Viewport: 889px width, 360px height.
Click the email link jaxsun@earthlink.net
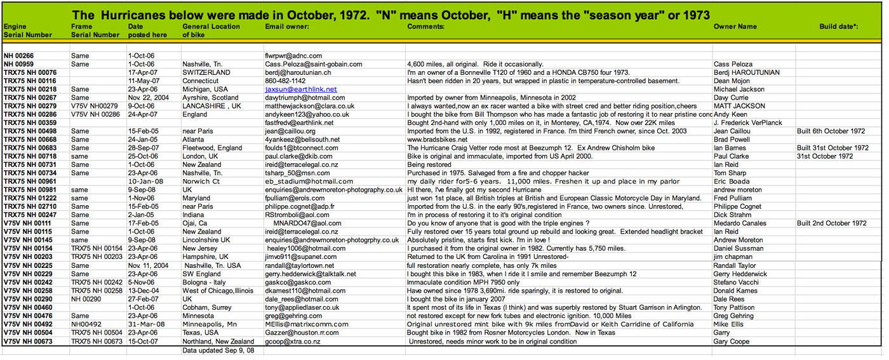(x=301, y=90)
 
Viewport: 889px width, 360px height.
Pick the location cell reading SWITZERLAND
(x=206, y=73)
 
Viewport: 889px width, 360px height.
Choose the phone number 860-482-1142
(x=285, y=81)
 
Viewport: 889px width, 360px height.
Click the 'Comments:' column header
(x=425, y=27)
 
